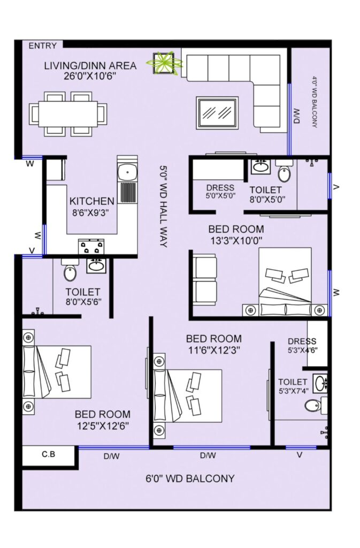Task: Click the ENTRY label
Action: click(42, 46)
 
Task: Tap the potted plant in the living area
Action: click(164, 63)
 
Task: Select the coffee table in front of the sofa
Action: click(218, 112)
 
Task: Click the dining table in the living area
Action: click(68, 114)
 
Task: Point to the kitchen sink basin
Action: click(127, 172)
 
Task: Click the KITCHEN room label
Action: click(92, 201)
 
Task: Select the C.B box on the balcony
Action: click(49, 456)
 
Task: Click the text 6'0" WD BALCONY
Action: click(190, 478)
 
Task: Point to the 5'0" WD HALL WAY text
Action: click(163, 206)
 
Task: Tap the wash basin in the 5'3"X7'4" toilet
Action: click(320, 384)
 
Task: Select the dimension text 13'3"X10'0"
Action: click(236, 240)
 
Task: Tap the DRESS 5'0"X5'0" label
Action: click(220, 192)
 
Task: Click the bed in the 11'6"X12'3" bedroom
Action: click(188, 395)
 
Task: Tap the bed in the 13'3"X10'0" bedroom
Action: click(285, 282)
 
